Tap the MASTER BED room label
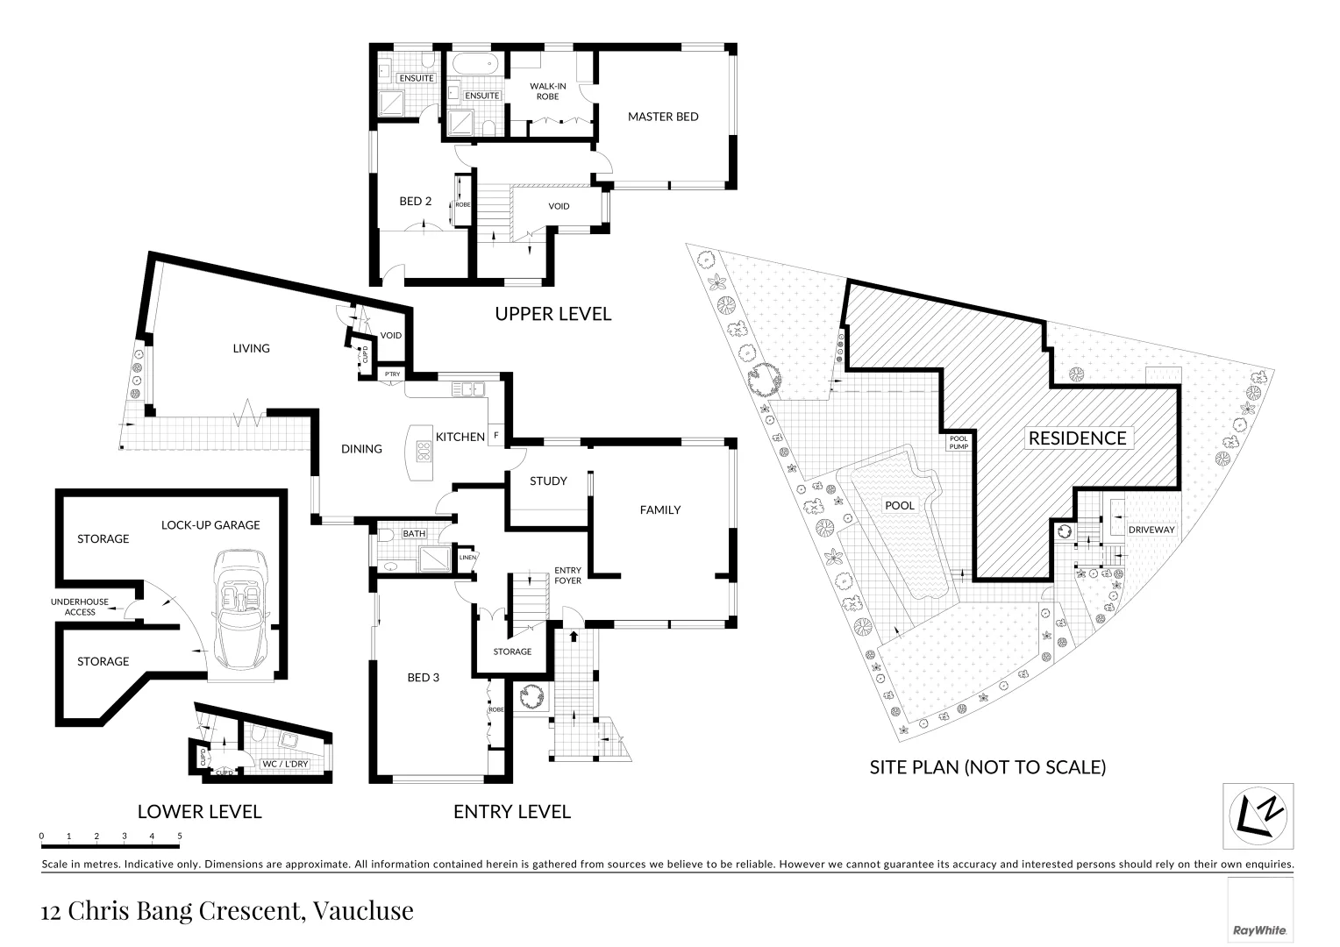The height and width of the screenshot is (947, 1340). pos(662,117)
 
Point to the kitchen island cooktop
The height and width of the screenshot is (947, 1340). pos(424,451)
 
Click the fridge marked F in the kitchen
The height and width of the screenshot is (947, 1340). pos(496,436)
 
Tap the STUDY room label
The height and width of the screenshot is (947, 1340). pos(548,481)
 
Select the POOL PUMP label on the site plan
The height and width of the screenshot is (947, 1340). pos(957,443)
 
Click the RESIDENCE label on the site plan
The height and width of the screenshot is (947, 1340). pos(1077,438)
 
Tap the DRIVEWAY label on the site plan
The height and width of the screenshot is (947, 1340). pos(1151,530)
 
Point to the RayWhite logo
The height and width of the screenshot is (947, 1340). pos(1260,929)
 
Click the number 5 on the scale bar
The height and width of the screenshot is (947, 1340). pos(180,836)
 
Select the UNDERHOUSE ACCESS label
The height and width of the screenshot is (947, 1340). pos(80,607)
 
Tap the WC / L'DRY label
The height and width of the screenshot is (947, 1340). pos(285,764)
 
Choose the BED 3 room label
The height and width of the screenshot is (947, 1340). pos(423,677)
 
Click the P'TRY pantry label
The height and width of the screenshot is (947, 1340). pos(392,374)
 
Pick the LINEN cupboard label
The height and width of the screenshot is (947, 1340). pos(467,557)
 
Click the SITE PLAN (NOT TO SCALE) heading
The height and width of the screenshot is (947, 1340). pos(987,767)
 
